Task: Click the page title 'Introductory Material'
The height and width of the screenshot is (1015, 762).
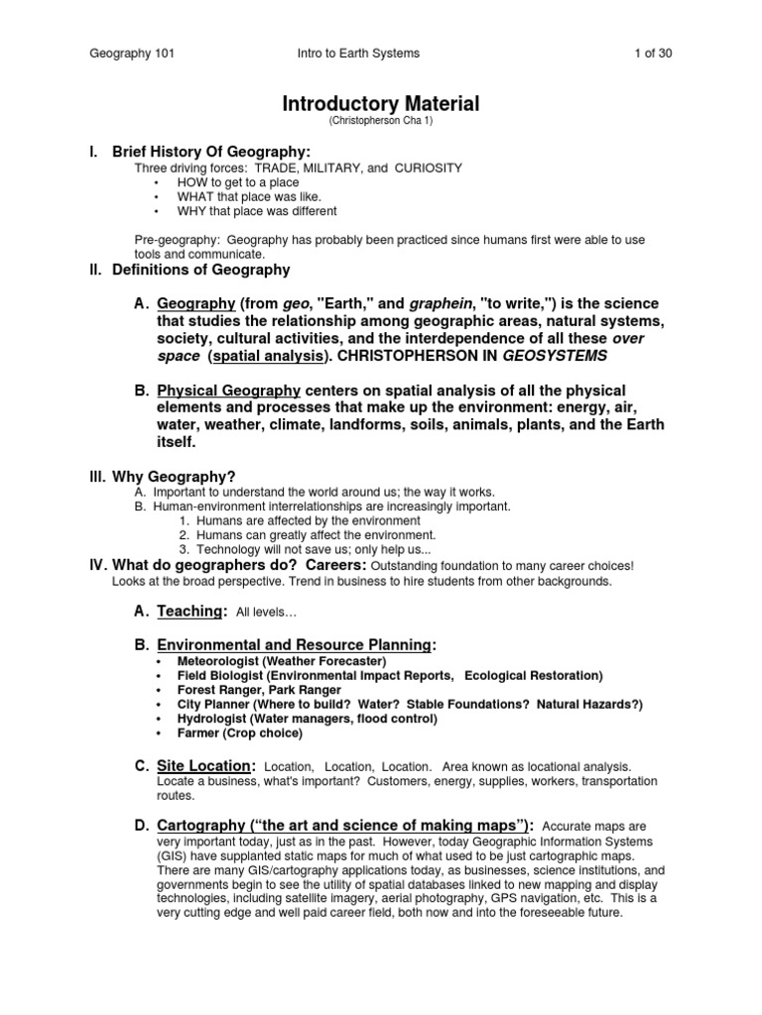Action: (x=381, y=104)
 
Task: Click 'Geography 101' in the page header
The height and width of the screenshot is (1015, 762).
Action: (x=132, y=54)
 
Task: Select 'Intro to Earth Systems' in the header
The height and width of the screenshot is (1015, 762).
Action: (x=358, y=54)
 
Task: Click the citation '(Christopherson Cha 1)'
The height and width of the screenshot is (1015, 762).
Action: (x=381, y=121)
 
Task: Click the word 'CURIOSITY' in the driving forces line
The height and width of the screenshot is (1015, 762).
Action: (x=429, y=169)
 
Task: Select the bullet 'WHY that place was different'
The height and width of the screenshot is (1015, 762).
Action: (x=257, y=211)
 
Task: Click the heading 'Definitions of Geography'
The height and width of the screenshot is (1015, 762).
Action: (x=201, y=270)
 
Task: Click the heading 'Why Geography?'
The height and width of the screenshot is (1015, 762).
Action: (x=175, y=477)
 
